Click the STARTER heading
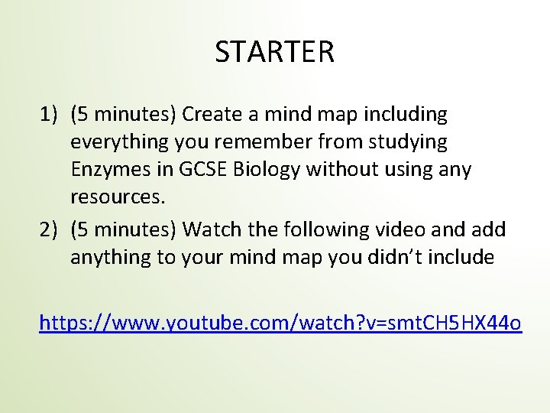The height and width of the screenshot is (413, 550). point(274,53)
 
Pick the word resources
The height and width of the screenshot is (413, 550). point(117,197)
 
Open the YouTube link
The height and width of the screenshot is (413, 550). point(280,324)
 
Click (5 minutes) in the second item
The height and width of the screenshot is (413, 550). point(124,229)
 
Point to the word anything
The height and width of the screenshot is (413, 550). point(112,257)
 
